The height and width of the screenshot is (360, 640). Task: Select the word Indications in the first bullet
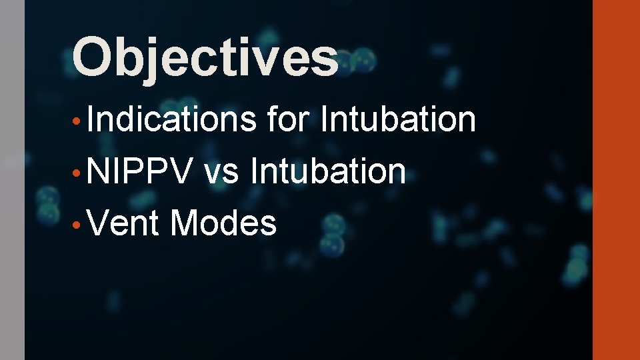coord(171,120)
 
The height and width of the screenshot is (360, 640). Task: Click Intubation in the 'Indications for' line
coord(398,120)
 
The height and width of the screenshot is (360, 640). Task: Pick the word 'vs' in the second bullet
coord(222,171)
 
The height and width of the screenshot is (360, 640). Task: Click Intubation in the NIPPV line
coord(327,171)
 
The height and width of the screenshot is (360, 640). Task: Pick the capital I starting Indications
coord(89,120)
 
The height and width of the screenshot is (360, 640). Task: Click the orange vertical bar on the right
coord(616,180)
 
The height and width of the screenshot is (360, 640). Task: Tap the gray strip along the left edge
coord(12,180)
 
